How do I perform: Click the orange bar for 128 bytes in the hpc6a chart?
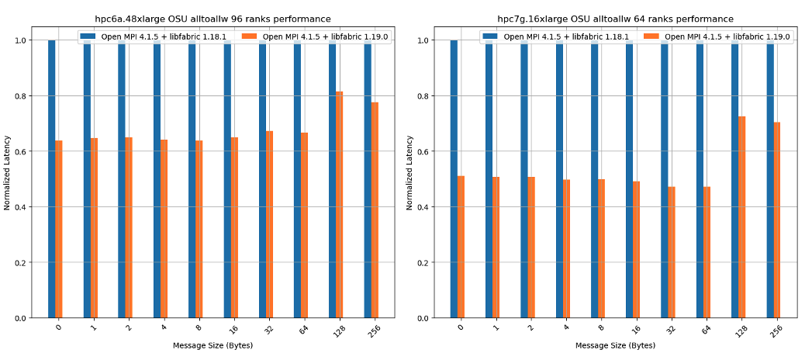(x=340, y=205)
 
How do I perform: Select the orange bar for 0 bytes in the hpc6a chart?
(x=59, y=229)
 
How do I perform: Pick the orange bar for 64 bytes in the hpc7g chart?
(x=707, y=252)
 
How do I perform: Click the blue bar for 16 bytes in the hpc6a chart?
(x=227, y=178)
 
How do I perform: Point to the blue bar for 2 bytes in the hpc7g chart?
(x=524, y=178)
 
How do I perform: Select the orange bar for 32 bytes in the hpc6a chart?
(x=269, y=224)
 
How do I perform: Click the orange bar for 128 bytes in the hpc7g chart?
(x=742, y=217)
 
